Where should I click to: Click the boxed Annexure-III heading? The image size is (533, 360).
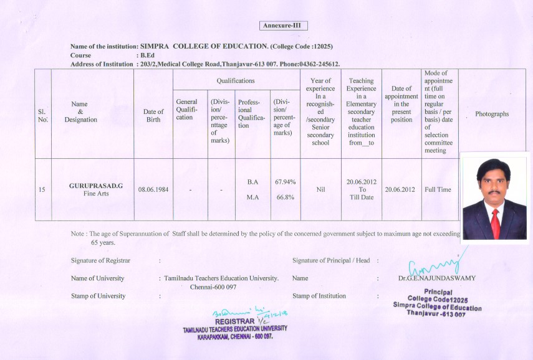pyautogui.click(x=283, y=26)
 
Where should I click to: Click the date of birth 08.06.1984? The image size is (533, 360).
pyautogui.click(x=153, y=189)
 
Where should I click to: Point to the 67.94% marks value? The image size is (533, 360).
pyautogui.click(x=285, y=182)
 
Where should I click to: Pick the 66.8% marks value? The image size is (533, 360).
pyautogui.click(x=285, y=197)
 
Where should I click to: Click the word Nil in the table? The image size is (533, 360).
pyautogui.click(x=320, y=189)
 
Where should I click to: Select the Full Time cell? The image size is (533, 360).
pyautogui.click(x=438, y=189)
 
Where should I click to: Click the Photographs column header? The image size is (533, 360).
pyautogui.click(x=492, y=114)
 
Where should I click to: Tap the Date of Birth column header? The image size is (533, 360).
pyautogui.click(x=153, y=116)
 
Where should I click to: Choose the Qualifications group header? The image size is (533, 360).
pyautogui.click(x=235, y=81)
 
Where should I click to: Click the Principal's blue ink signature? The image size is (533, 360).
pyautogui.click(x=436, y=261)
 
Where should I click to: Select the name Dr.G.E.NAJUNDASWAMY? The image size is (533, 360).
pyautogui.click(x=436, y=278)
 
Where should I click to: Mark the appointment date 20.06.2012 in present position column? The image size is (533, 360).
pyautogui.click(x=401, y=189)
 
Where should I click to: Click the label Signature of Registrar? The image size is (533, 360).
pyautogui.click(x=105, y=260)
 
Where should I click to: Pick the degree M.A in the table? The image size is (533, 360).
pyautogui.click(x=252, y=197)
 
